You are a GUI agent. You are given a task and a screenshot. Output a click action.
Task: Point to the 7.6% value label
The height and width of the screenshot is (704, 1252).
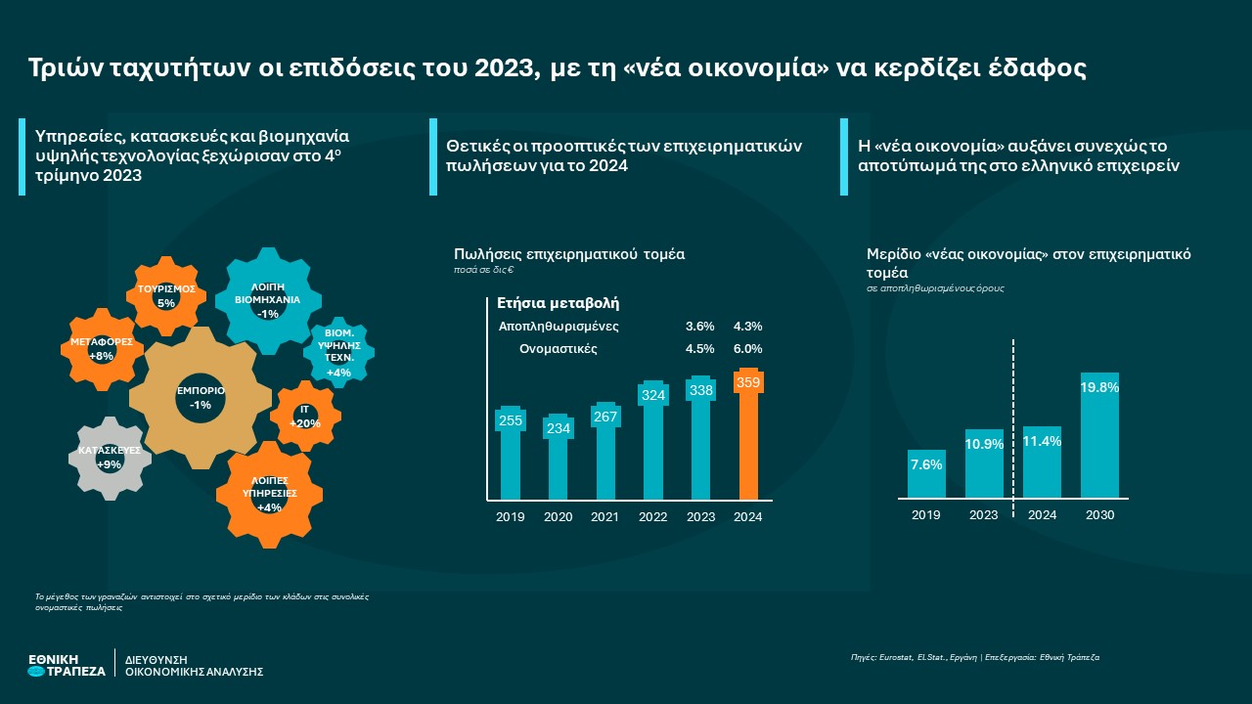coord(926,464)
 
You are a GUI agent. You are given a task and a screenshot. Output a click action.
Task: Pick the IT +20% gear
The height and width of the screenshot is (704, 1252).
coord(305,417)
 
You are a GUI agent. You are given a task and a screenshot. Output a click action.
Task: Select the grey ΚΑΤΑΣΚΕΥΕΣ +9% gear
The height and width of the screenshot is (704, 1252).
coord(110,457)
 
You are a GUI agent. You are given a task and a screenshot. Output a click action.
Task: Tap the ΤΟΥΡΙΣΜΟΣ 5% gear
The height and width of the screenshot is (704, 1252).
coord(166,295)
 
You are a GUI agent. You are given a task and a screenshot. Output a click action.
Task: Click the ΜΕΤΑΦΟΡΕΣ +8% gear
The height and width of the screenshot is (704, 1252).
coord(101,349)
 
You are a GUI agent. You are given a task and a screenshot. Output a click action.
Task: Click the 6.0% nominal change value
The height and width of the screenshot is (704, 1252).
coord(747,349)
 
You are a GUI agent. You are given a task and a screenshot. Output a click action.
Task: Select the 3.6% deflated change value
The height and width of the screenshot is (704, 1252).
coord(700,327)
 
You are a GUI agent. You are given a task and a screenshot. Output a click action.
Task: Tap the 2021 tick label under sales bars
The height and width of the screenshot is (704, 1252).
coord(605,517)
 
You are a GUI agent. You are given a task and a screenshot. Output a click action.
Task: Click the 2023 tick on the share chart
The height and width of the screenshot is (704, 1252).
coord(984,515)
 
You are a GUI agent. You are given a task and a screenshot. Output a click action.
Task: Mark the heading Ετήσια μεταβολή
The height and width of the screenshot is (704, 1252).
coord(559,303)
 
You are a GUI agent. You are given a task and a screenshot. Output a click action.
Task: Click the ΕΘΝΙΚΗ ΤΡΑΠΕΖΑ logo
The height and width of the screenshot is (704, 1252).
coord(67,665)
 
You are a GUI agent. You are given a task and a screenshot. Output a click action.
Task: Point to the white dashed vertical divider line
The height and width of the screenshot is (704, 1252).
coord(1012,420)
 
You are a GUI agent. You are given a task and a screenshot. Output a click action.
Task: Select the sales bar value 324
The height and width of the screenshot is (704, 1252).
coord(652,395)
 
